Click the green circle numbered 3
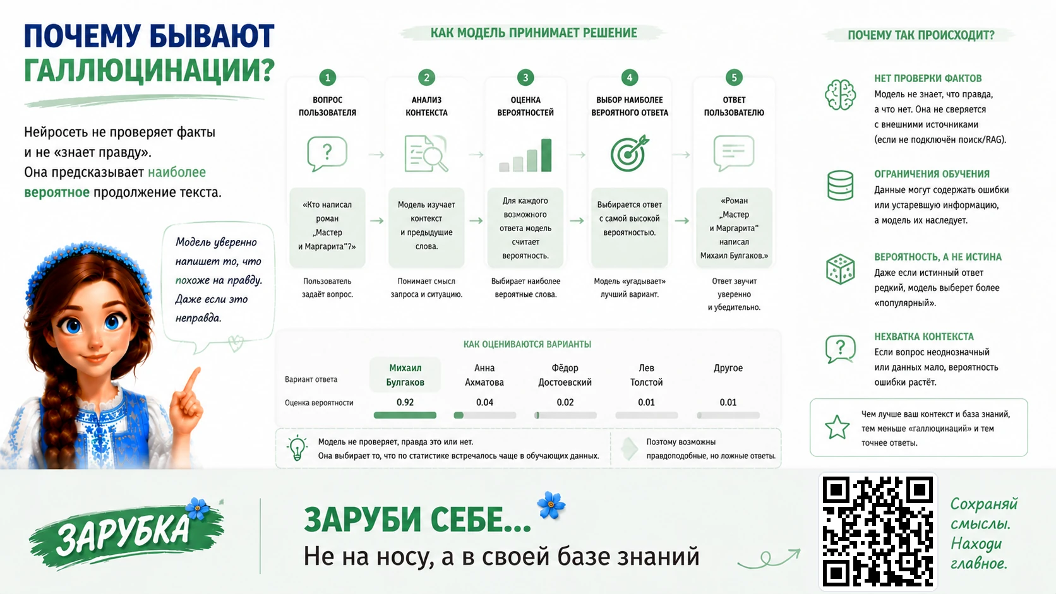point(525,77)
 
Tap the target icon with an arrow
point(629,153)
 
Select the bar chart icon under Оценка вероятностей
point(525,155)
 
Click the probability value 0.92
point(405,402)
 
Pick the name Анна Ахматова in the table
point(484,375)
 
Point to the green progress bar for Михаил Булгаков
point(405,415)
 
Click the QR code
point(878,532)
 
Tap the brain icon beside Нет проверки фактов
point(840,95)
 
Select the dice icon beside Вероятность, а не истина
point(840,270)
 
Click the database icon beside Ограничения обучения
point(840,185)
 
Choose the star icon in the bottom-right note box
point(837,427)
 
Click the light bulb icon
point(297,448)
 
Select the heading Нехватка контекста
point(923,336)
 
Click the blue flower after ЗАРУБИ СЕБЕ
point(551,505)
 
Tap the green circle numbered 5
point(733,77)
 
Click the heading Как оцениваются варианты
point(527,344)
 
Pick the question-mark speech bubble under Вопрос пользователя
point(327,153)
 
